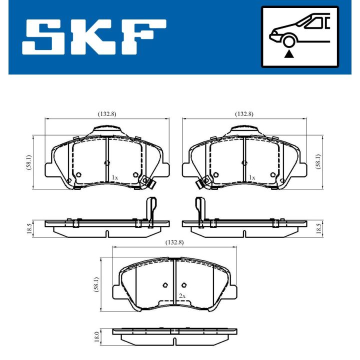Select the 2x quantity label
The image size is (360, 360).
pyautogui.click(x=182, y=296)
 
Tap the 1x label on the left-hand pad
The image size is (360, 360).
pyautogui.click(x=114, y=177)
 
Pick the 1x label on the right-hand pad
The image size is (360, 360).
pyautogui.click(x=252, y=177)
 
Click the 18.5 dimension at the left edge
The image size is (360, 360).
pyautogui.click(x=29, y=229)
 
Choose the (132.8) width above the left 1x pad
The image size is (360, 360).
pyautogui.click(x=107, y=114)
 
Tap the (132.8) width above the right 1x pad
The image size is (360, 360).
pyautogui.click(x=244, y=114)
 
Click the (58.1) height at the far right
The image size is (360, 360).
pyautogui.click(x=318, y=161)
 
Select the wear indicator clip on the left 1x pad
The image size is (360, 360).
pyautogui.click(x=147, y=182)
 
